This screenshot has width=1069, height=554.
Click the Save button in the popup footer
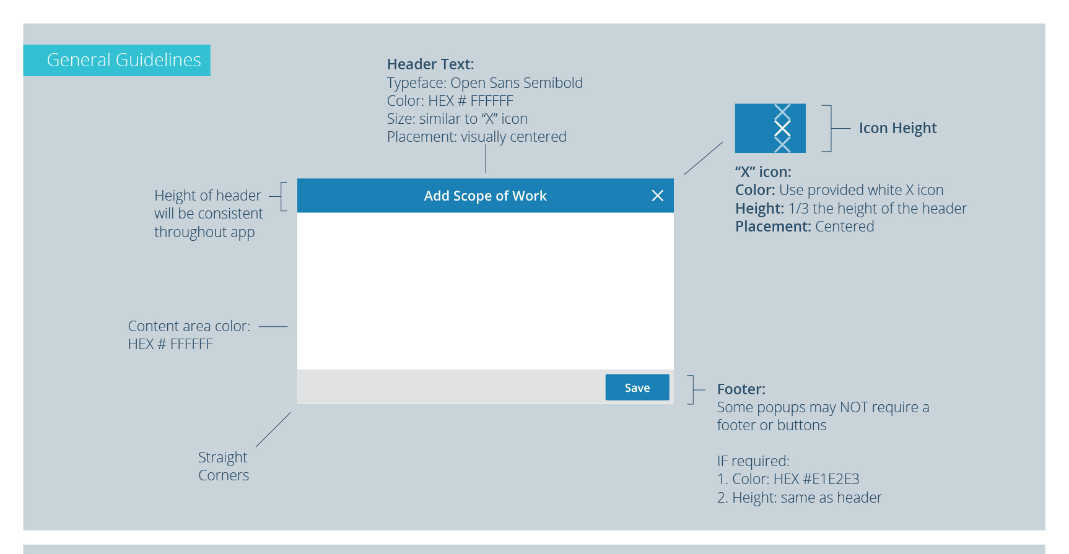(637, 387)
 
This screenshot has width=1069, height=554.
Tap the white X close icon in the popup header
(657, 196)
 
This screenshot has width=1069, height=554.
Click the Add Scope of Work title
(485, 196)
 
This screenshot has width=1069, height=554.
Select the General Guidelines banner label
(123, 60)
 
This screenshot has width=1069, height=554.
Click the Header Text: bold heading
(430, 64)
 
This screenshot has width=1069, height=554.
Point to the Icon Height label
(897, 128)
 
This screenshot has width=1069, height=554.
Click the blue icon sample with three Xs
(769, 128)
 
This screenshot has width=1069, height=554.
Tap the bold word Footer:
(741, 389)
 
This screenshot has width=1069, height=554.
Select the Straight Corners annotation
(223, 466)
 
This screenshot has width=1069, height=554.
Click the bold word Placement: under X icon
(772, 227)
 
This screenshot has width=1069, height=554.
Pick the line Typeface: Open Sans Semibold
(484, 83)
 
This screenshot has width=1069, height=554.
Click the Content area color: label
(189, 326)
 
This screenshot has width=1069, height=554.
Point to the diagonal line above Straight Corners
(273, 430)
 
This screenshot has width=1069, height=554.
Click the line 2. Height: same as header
(799, 498)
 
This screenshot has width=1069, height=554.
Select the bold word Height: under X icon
(759, 209)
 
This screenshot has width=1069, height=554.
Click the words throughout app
(204, 232)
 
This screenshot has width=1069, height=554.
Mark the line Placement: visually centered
(476, 137)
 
